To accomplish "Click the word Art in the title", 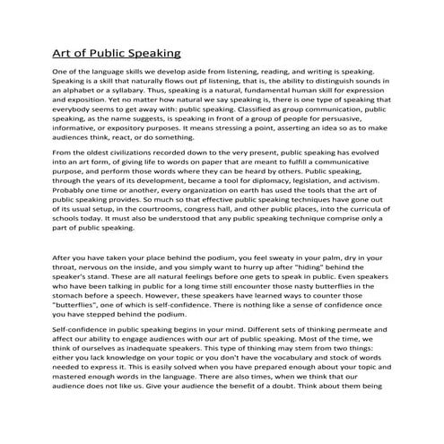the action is point(65,53).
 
